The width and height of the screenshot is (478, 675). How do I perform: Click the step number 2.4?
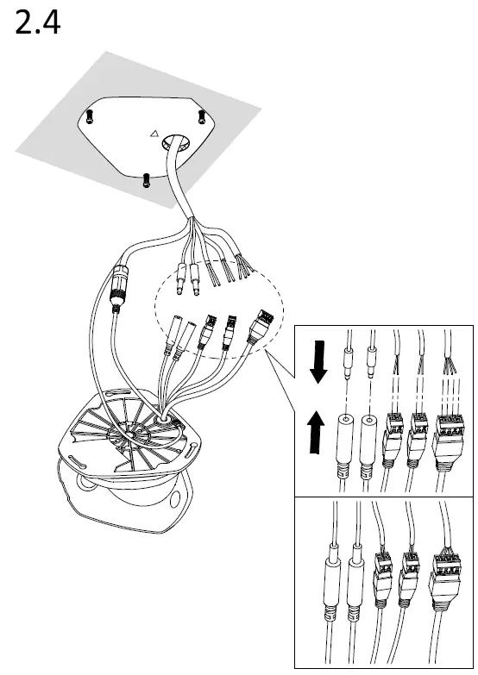pos(37,22)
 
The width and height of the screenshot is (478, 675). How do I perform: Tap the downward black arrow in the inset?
pos(319,361)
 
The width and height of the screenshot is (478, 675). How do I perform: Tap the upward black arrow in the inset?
pos(317,432)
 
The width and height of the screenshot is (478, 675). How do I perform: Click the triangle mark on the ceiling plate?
pos(154,134)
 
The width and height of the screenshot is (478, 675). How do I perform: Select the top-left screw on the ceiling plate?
pos(90,116)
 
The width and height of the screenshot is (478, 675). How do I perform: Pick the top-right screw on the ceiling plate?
pos(202,117)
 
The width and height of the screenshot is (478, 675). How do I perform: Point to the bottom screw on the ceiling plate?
pos(146,180)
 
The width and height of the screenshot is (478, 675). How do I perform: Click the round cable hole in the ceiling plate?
pos(176,142)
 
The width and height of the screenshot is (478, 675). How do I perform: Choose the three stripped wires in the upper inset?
pos(450,366)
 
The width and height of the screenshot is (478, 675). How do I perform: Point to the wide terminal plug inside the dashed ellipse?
pos(260,325)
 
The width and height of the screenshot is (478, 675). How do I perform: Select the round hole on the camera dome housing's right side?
pos(175,499)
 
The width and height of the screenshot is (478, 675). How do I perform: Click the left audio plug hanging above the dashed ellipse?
pos(181,279)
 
